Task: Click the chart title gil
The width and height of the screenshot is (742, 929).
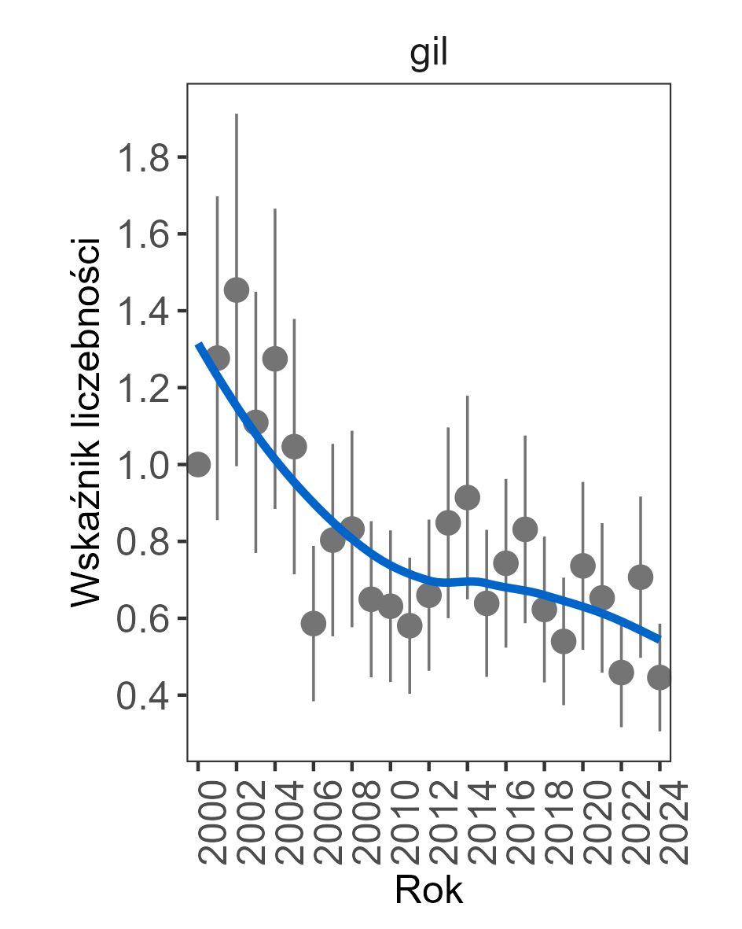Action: pyautogui.click(x=428, y=57)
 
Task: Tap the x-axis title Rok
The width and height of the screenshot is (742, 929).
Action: pyautogui.click(x=428, y=890)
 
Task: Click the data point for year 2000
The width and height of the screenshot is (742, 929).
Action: pyautogui.click(x=198, y=465)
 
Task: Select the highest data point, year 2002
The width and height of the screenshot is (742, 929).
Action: pyautogui.click(x=237, y=290)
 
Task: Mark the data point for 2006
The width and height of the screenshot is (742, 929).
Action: pyautogui.click(x=314, y=624)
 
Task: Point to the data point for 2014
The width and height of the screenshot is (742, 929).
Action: pyautogui.click(x=468, y=497)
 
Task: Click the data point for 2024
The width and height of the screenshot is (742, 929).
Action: pyautogui.click(x=659, y=677)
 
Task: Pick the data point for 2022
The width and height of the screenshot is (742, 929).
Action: pyautogui.click(x=622, y=673)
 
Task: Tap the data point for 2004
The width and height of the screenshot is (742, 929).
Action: pyautogui.click(x=275, y=359)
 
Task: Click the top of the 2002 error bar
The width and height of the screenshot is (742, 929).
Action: pyautogui.click(x=237, y=115)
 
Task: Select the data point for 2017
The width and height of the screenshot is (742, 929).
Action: pyautogui.click(x=525, y=529)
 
